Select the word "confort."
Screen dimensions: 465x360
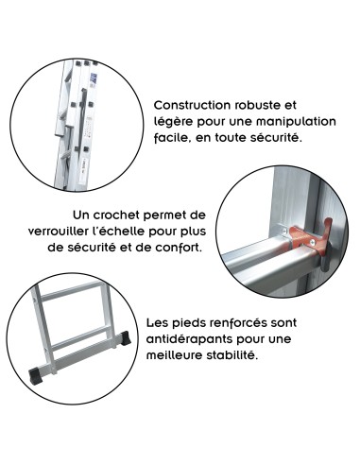[176, 248]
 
